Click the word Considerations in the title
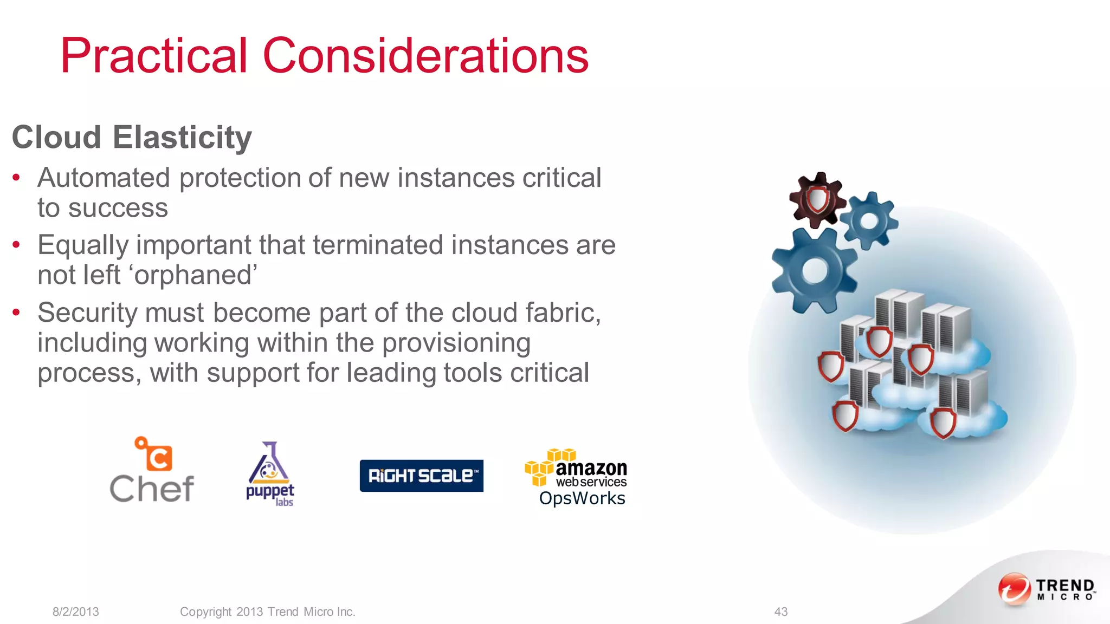[425, 56]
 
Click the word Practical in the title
[154, 56]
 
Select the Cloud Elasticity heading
[132, 137]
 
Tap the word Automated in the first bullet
[104, 178]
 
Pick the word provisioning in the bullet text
[456, 343]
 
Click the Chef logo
[152, 470]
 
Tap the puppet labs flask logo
[270, 473]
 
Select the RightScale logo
[421, 476]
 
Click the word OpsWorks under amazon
[582, 498]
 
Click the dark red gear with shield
[817, 200]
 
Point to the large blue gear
[814, 270]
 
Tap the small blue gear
[869, 220]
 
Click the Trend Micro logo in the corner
[1046, 589]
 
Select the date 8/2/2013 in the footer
[76, 612]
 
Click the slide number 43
[780, 612]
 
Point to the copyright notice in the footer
[267, 612]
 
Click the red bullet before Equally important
[17, 245]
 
